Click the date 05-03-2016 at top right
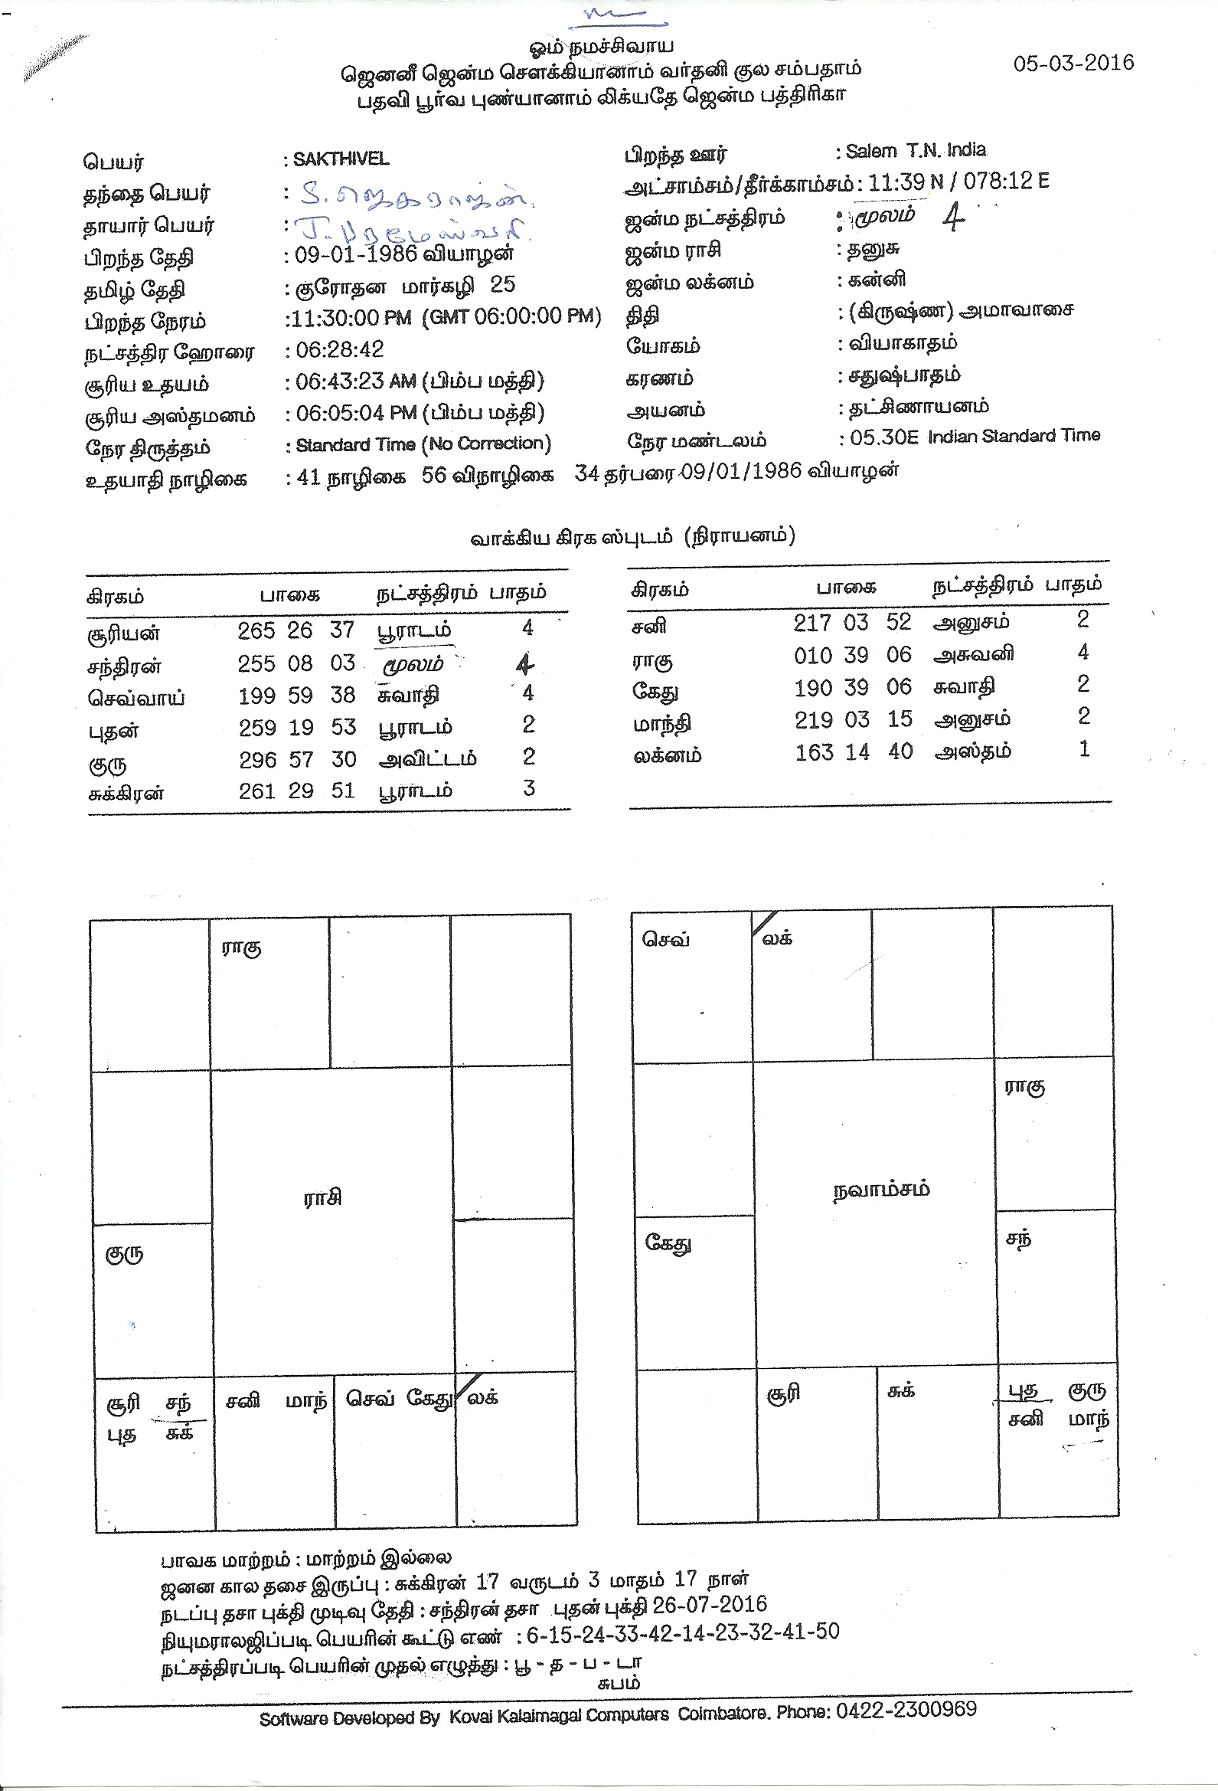pos(1073,63)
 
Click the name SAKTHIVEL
pos(341,159)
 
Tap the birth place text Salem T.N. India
pos(916,150)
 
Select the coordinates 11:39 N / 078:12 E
pos(958,182)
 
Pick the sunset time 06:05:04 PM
pos(356,413)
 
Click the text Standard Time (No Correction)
pos(423,444)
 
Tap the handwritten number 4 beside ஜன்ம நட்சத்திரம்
pos(953,218)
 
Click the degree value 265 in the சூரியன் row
pos(256,631)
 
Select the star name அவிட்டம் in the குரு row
pos(427,759)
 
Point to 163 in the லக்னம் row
pos(814,751)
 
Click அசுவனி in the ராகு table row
pos(973,655)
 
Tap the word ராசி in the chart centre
pos(322,1197)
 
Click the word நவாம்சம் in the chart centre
pos(881,1189)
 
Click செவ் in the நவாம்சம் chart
pos(665,939)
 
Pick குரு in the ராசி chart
pos(124,1254)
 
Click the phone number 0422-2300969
pos(906,1709)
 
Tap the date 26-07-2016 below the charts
pos(710,1605)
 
